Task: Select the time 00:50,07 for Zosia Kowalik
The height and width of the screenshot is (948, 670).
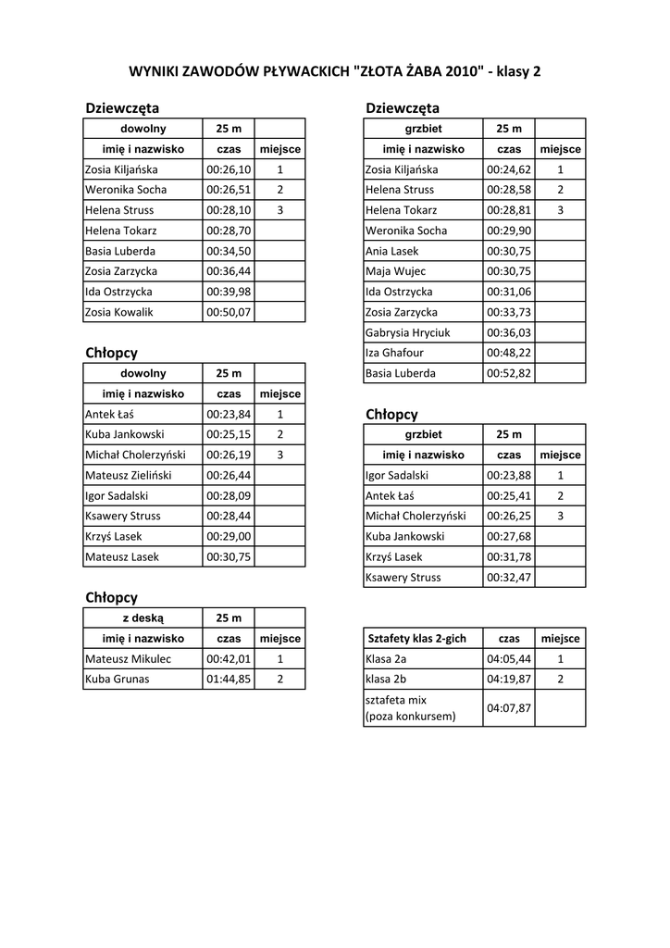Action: [229, 312]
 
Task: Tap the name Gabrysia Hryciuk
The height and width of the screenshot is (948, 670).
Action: [408, 332]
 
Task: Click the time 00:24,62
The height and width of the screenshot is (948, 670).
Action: [509, 169]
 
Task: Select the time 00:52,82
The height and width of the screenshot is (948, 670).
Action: [509, 373]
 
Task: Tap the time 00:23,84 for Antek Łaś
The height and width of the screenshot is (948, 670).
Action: [229, 414]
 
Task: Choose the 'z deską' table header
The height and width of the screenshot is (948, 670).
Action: [143, 617]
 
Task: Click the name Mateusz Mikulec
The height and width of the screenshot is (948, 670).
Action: [128, 658]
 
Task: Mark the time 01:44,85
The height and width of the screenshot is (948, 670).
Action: [229, 679]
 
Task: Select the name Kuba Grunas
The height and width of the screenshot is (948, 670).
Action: [118, 679]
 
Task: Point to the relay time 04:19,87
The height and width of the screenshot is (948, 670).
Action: [509, 679]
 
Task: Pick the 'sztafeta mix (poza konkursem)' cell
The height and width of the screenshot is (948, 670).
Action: [411, 708]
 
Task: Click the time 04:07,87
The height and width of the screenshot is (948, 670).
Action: [509, 708]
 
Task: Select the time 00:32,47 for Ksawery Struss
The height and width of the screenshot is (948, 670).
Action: [509, 577]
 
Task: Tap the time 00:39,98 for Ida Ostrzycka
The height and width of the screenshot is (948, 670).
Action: [229, 292]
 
